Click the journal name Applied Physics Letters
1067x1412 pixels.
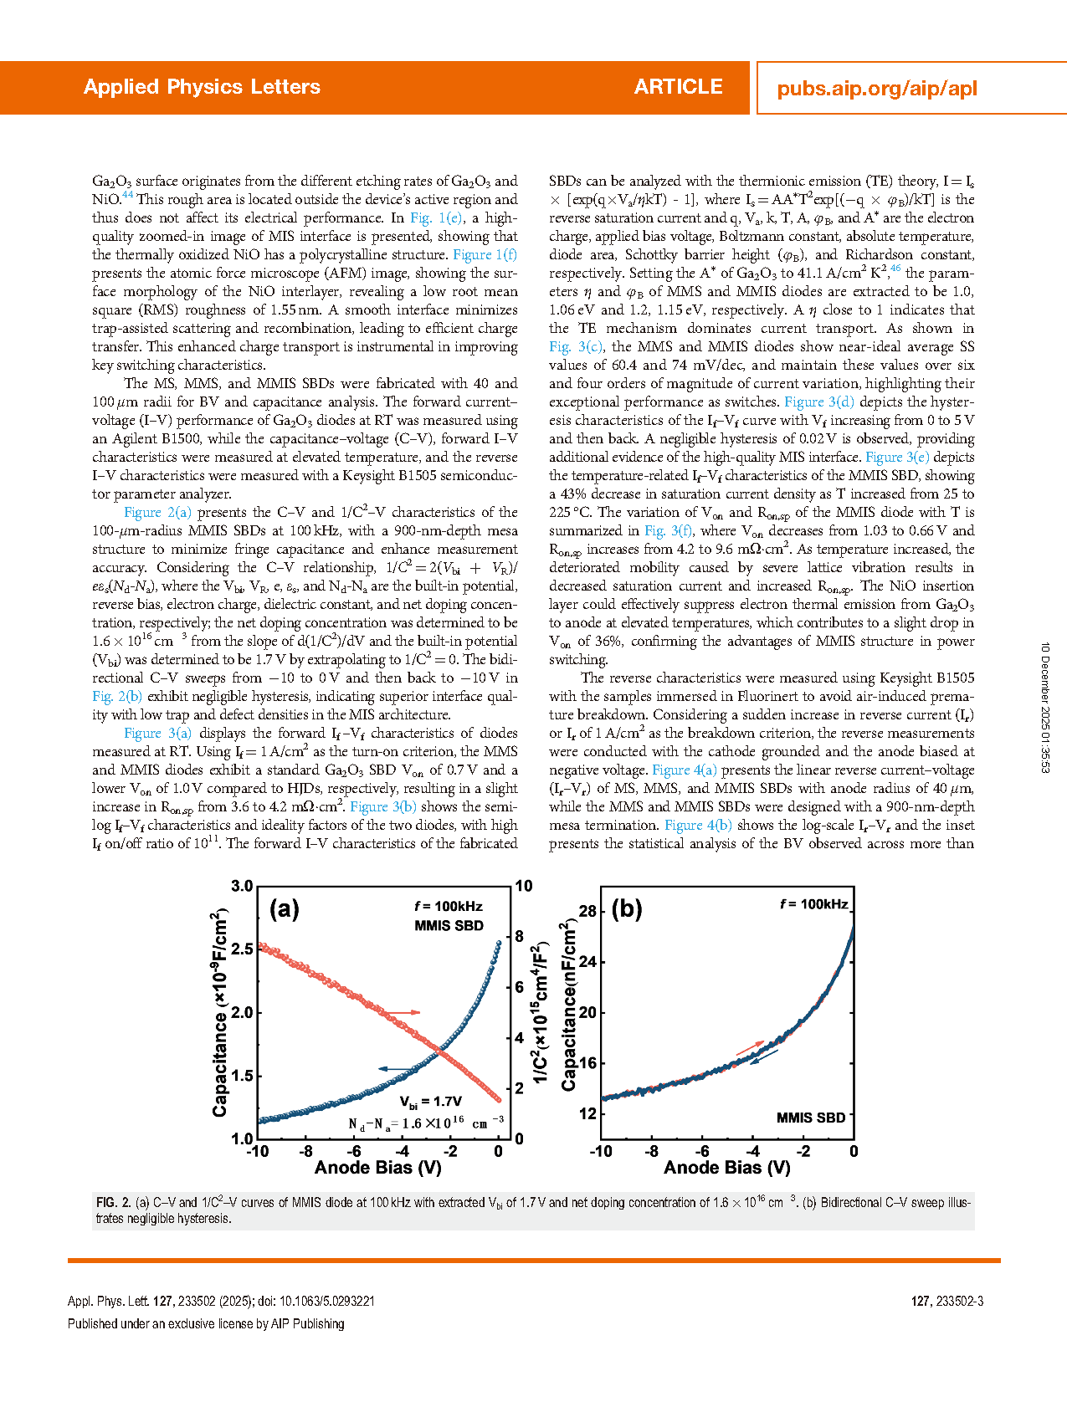click(202, 87)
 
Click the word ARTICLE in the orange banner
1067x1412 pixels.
click(678, 87)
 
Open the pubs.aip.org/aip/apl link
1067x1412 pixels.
click(876, 89)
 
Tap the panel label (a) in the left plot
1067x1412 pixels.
click(285, 909)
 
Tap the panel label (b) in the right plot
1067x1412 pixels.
click(627, 909)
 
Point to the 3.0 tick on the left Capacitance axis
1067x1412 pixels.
click(242, 887)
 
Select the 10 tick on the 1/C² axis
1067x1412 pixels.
click(524, 887)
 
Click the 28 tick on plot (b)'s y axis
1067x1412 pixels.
click(587, 911)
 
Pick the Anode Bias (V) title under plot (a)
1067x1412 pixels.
click(378, 1168)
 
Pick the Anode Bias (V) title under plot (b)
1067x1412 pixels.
click(727, 1168)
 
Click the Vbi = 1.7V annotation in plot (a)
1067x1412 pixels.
click(430, 1102)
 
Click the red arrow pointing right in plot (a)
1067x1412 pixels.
click(403, 1013)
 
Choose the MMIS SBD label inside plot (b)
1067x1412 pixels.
click(810, 1118)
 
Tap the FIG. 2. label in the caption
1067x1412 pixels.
click(112, 1203)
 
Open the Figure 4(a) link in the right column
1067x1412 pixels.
click(684, 770)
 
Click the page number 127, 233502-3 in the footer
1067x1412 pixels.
click(946, 1302)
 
